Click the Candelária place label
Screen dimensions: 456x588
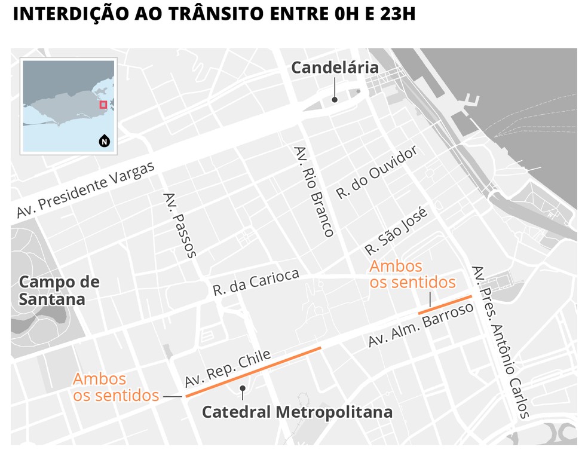[x=335, y=68]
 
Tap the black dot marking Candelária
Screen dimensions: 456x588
[x=335, y=100]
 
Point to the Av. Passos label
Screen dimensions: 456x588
[x=179, y=225]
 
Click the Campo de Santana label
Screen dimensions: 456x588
[x=59, y=290]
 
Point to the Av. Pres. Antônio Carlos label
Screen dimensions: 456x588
[x=500, y=342]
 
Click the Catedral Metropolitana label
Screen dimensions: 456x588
[x=297, y=412]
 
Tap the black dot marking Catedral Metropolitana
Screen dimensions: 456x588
[x=243, y=388]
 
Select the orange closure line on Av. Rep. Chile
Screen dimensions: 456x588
[x=253, y=372]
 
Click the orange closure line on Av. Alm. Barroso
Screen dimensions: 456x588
[x=445, y=304]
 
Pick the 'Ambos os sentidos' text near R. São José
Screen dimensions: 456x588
[x=412, y=274]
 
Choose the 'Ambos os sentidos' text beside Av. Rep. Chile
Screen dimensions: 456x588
[x=116, y=387]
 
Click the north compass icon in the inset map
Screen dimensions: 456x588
[x=104, y=142]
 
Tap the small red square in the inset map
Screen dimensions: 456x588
[x=103, y=105]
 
